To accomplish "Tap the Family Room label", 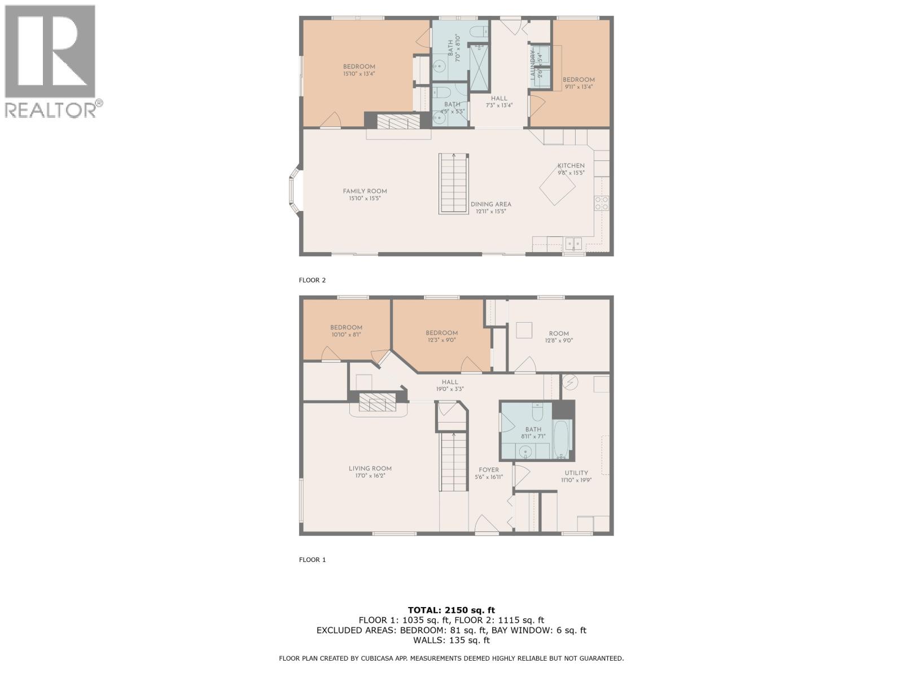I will [365, 194].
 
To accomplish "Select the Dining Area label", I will [490, 207].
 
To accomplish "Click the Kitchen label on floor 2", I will [571, 169].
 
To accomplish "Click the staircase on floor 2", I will [454, 183].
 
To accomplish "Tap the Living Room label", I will [370, 472].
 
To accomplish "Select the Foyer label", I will [489, 473].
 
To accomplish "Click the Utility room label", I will [576, 476].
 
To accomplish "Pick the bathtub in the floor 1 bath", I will [562, 438].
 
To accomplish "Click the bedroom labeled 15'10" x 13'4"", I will [359, 70].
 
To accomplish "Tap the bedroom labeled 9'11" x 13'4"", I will [578, 83].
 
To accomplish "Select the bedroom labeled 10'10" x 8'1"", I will [346, 331].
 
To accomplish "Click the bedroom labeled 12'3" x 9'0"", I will [441, 336].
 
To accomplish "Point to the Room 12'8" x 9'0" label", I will [559, 337].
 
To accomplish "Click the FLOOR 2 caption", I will [312, 280].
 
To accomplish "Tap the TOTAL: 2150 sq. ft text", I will [451, 610].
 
